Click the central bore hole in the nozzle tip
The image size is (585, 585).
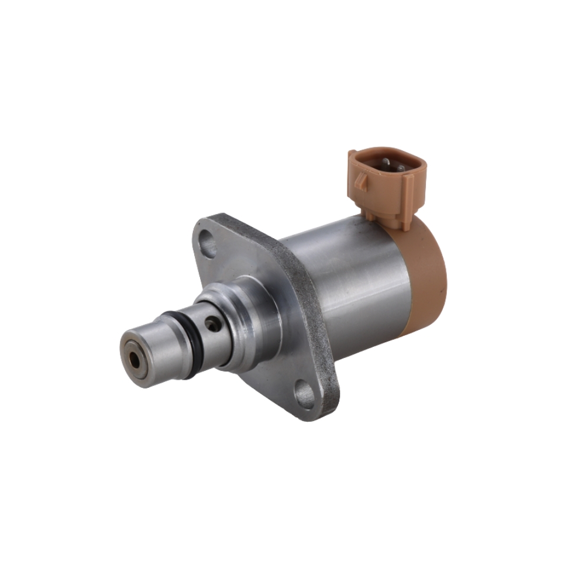tap(136, 356)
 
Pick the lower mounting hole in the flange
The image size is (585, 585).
tap(303, 391)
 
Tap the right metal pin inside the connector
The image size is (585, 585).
tap(400, 168)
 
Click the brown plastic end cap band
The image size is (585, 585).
tap(430, 275)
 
